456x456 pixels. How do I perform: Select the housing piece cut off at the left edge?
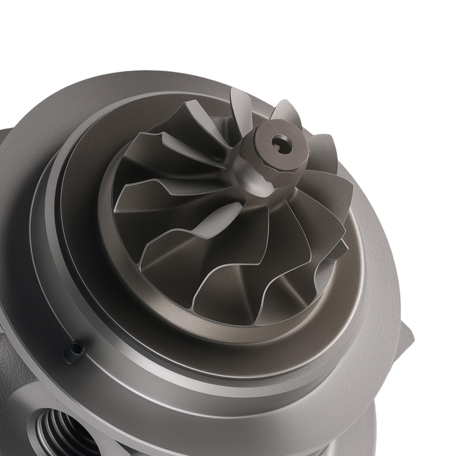(7, 150)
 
